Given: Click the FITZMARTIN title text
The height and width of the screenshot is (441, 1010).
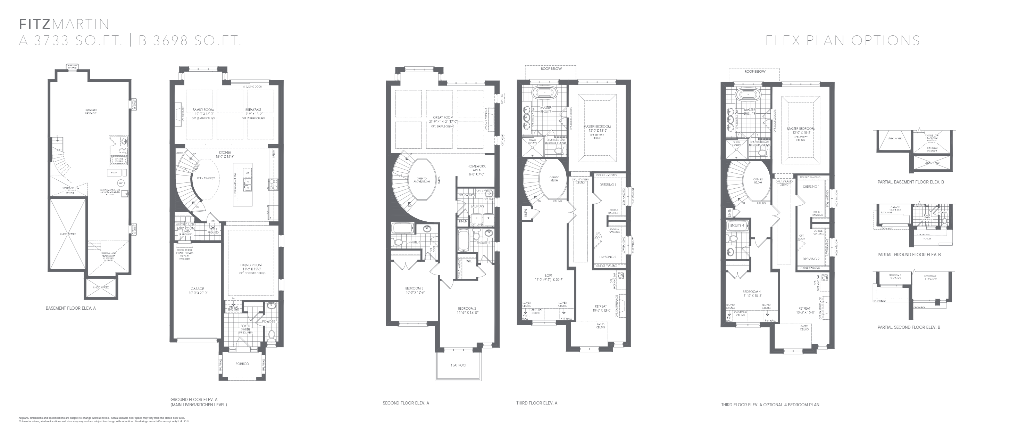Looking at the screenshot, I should coord(64,24).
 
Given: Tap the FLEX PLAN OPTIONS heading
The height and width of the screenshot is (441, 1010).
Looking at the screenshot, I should coord(843,40).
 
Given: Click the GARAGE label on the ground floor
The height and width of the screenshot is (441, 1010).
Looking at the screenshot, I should coord(197,289).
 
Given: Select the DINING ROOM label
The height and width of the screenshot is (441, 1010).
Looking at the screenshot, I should coord(251,265).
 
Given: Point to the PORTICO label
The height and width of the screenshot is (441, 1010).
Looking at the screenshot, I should coord(242,364).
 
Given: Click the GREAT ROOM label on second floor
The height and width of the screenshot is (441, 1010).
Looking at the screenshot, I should coord(443,117).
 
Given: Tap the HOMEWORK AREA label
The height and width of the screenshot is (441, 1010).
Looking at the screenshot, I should coord(476,168).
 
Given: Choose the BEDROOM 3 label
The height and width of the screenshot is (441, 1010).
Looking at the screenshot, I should coord(414,288).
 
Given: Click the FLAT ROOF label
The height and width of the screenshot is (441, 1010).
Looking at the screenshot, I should coord(459,365).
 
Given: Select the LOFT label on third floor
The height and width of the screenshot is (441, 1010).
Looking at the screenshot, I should coord(548,276).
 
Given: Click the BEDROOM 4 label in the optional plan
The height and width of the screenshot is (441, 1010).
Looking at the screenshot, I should coord(752,292).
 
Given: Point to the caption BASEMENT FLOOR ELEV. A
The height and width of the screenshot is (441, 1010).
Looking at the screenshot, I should coord(70,308).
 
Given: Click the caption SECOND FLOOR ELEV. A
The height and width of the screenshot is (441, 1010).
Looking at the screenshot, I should coord(406,403).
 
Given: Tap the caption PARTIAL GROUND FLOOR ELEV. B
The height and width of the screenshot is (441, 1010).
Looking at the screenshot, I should coord(909,255).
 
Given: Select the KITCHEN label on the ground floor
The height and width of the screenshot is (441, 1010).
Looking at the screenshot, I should coord(225,153).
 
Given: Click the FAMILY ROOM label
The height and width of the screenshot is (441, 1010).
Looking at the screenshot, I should coord(203,110).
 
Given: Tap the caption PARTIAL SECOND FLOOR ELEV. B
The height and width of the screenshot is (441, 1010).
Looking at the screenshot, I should coord(909,327).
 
